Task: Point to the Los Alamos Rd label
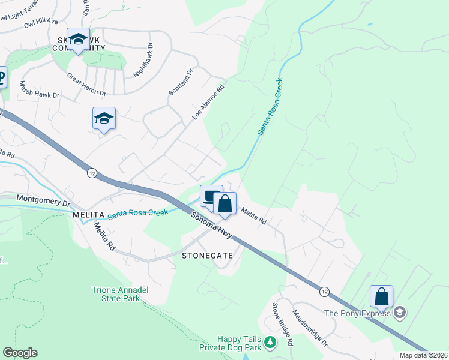tap(208, 101)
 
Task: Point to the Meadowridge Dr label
tap(310, 328)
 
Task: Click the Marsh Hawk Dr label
tap(40, 90)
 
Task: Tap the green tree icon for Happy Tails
tap(271, 342)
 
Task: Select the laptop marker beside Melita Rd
tap(210, 196)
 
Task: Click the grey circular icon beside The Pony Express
tap(400, 313)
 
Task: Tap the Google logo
tap(20, 353)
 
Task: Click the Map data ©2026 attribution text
tap(423, 355)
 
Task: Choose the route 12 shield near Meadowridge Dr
tap(325, 291)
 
